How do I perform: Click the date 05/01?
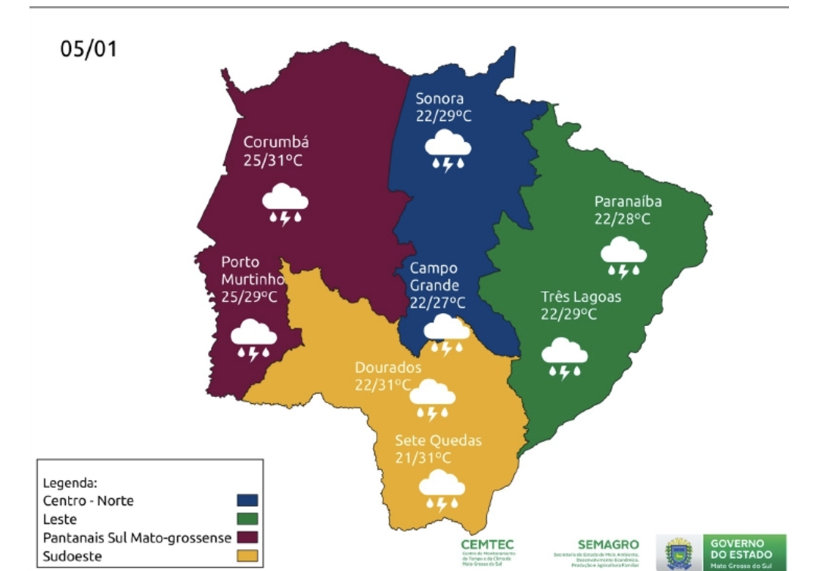coord(89,50)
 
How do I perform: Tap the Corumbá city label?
coord(275,142)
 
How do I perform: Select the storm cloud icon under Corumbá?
coord(285,203)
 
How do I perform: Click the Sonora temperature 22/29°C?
coord(443,116)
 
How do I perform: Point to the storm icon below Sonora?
coord(447,150)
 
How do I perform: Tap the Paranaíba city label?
coord(628,201)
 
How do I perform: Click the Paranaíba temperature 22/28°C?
coord(622,219)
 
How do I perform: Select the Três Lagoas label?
coord(580,296)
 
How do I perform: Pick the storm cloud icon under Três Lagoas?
coord(564,357)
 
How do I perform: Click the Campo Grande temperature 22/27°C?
coord(437,303)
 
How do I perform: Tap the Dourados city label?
coord(388,368)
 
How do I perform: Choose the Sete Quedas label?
coord(438,441)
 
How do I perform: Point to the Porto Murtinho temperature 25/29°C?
coord(249,297)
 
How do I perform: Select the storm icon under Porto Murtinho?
coord(253,339)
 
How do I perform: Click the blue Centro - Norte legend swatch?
coord(247,501)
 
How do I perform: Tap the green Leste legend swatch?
coord(247,520)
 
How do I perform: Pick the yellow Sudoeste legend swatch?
coord(247,557)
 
